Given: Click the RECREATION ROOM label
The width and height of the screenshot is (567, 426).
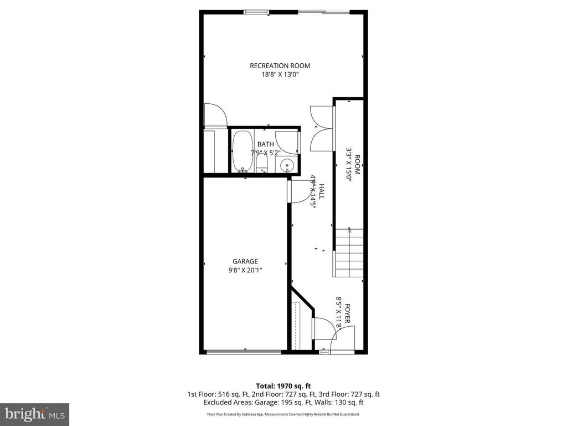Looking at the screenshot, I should point(280,65).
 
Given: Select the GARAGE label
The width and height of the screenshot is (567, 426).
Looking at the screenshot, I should point(245,261).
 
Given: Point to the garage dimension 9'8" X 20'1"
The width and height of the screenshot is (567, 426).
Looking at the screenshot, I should point(245,271).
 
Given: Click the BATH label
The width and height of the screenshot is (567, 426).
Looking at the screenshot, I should point(265,144).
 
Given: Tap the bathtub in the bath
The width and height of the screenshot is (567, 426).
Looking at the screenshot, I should point(241,151).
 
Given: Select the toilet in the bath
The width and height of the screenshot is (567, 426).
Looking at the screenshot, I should point(262,163).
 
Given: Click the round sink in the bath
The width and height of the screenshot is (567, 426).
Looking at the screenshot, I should point(287,164).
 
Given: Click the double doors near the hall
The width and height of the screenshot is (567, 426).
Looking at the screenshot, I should point(322,128).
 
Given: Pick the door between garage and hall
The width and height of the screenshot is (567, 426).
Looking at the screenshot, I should point(297,191).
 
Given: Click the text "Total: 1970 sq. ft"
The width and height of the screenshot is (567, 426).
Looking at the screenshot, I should point(283,386).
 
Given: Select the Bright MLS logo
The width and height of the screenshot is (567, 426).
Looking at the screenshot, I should point(34,414).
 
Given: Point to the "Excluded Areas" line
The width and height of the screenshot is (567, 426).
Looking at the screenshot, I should point(283,402).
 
